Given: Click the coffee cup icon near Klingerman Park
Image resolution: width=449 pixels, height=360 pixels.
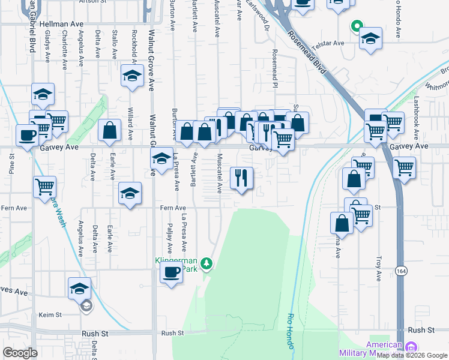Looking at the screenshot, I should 172,272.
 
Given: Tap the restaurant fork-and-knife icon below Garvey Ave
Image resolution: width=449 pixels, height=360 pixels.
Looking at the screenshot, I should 242,178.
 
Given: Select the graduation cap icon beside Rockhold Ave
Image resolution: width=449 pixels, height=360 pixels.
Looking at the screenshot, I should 132,77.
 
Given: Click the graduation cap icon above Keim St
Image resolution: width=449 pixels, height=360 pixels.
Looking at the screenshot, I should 79,289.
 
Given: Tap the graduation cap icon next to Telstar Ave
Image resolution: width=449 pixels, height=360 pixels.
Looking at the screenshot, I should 371,39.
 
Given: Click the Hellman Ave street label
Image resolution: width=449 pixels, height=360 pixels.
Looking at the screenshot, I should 61,25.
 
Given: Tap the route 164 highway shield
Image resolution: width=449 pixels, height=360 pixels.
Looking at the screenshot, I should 400,271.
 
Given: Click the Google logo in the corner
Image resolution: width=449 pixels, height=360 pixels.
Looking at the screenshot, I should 20,353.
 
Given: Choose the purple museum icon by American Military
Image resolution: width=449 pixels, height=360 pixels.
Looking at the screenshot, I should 411,347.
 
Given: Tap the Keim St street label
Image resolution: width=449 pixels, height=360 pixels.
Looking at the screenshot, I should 50,315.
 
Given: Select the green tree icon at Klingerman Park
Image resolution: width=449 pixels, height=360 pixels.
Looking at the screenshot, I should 206,263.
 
